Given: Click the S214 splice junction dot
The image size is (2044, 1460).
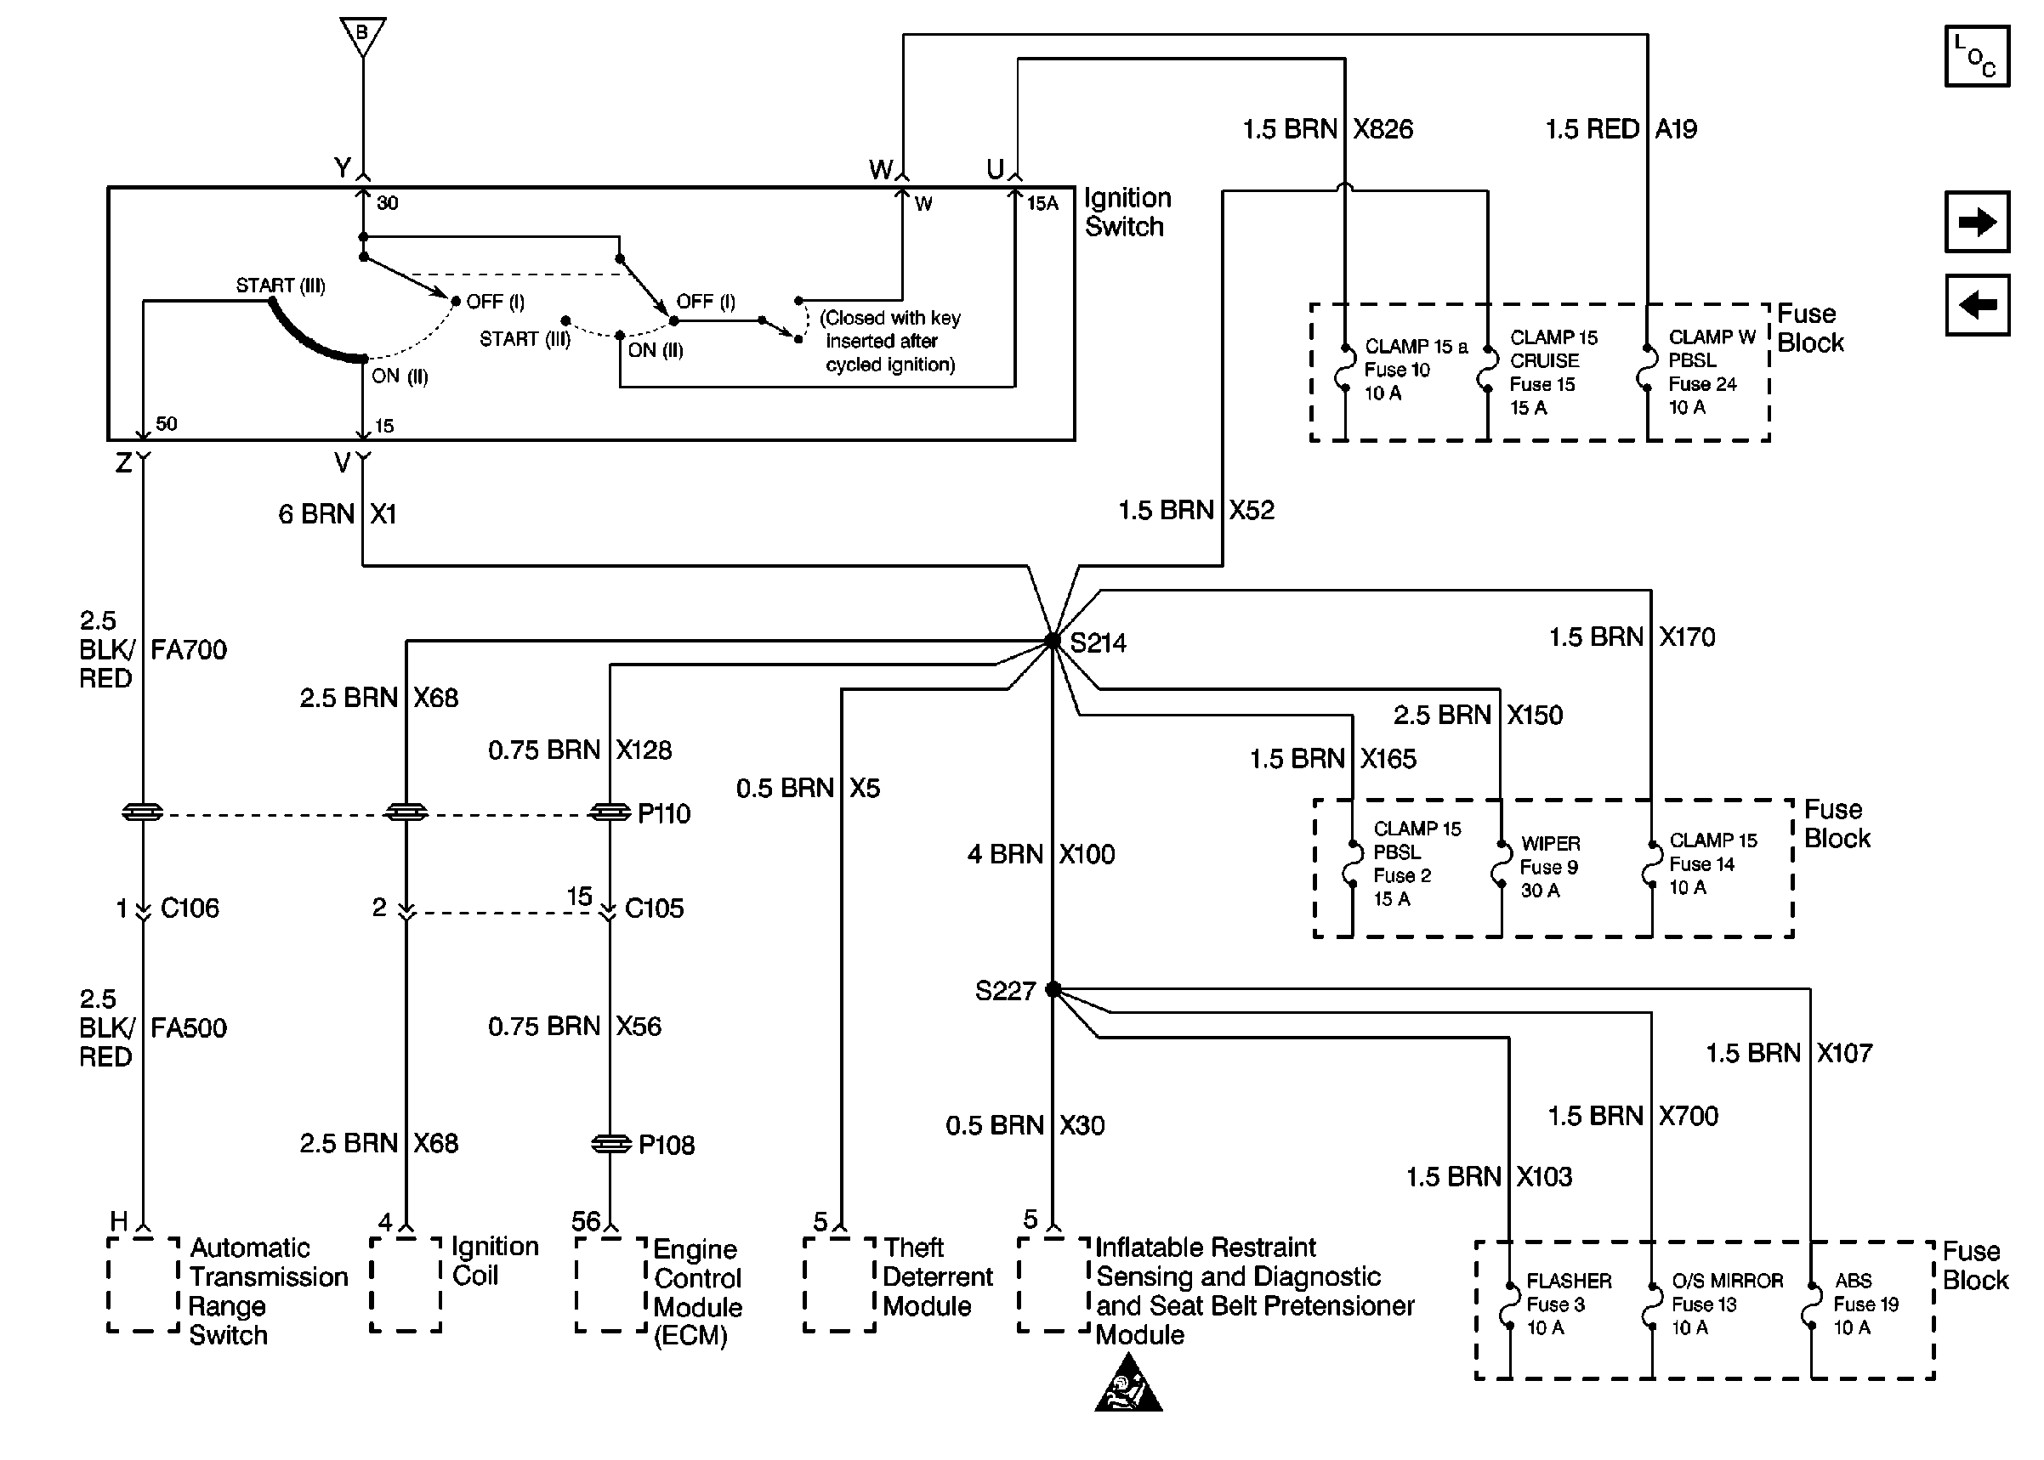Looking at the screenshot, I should point(1052,641).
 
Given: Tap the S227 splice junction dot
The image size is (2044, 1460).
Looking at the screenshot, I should point(1053,990).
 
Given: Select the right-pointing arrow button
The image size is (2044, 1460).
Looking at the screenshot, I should point(1977,222).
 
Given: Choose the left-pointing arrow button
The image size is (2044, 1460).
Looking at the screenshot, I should point(1977,306).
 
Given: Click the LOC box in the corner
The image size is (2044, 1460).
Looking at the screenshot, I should point(1977,56).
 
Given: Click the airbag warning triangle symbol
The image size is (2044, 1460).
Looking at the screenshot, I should point(1127,1385).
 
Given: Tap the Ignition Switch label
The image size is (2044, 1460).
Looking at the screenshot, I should point(1127,212).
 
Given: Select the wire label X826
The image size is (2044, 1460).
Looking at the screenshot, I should point(1383,129).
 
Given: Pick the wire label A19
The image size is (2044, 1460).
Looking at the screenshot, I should point(1675,129).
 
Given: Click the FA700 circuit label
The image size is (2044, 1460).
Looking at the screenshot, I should point(189,650).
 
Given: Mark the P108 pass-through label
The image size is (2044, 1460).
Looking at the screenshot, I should point(666,1146).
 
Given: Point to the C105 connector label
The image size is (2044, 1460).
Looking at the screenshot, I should point(654,909).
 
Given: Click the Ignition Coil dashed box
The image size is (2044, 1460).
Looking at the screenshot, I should point(406,1284).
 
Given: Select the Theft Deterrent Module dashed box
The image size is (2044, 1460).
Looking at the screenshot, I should point(839,1284).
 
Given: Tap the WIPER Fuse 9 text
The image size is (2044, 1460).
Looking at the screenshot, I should point(1549,867).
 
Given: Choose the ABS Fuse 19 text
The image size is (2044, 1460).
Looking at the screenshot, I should point(1865,1304).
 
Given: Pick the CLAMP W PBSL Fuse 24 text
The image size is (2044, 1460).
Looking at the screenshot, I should point(1711,372).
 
